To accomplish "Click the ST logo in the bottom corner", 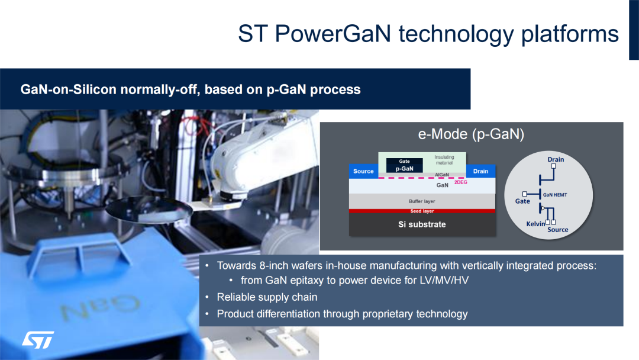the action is pyautogui.click(x=38, y=340).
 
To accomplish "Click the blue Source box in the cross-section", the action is pyautogui.click(x=363, y=171).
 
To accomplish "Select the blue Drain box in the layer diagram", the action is pyautogui.click(x=480, y=171).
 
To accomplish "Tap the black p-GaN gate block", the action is pyautogui.click(x=404, y=165).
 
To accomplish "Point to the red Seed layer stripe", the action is pyautogui.click(x=422, y=211).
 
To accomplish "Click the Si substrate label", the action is pyautogui.click(x=422, y=224).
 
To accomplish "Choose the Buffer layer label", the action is pyautogui.click(x=422, y=201).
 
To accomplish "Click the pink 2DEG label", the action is pyautogui.click(x=461, y=182).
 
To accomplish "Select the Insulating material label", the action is pyautogui.click(x=444, y=160).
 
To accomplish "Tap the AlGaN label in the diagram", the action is pyautogui.click(x=442, y=175).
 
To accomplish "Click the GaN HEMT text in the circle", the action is pyautogui.click(x=554, y=195).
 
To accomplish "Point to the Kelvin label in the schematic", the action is pyautogui.click(x=535, y=224).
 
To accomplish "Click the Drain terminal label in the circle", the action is pyautogui.click(x=556, y=159).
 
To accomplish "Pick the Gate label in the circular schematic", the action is pyautogui.click(x=522, y=201).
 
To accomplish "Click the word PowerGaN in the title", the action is pyautogui.click(x=333, y=33).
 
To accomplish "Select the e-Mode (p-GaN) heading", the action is pyautogui.click(x=471, y=134).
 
